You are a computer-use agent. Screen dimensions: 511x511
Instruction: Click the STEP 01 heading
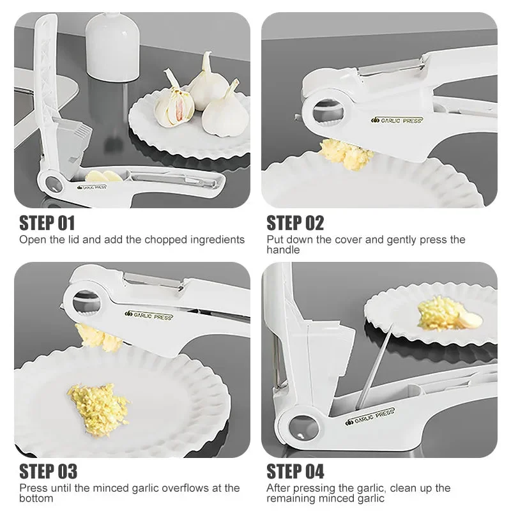pos(47,223)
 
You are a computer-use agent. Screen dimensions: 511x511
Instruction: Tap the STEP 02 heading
pos(295,223)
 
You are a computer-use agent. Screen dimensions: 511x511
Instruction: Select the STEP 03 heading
pos(49,471)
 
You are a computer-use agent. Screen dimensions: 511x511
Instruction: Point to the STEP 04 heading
pos(295,471)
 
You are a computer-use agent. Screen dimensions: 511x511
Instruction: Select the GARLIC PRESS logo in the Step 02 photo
pos(397,119)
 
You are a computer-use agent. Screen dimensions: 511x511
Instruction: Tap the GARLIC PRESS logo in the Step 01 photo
pos(92,187)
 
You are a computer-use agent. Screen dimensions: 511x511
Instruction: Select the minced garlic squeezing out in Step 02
pos(345,153)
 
